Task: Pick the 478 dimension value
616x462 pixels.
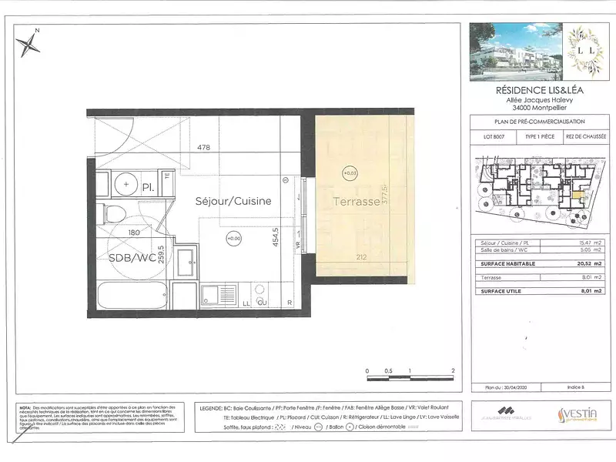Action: coord(203,147)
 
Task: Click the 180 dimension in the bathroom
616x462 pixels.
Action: coord(133,232)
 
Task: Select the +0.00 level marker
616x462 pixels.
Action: coord(234,239)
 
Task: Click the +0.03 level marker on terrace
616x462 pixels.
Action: coord(350,172)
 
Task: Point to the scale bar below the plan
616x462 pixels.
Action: coord(410,377)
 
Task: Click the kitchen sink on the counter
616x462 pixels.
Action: coord(209,293)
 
